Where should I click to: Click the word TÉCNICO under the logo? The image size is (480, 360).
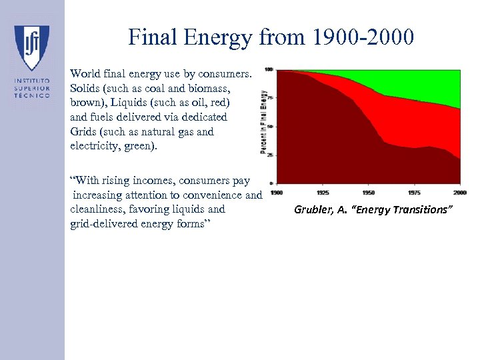pyautogui.click(x=32, y=96)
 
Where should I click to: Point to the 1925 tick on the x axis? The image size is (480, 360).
pyautogui.click(x=323, y=193)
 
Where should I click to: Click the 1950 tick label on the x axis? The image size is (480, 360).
pyautogui.click(x=368, y=193)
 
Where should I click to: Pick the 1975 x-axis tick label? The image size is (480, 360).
pyautogui.click(x=414, y=193)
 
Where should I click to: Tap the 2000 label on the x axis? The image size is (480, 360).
pyautogui.click(x=459, y=193)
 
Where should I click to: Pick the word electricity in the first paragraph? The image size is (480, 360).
pyautogui.click(x=100, y=146)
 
